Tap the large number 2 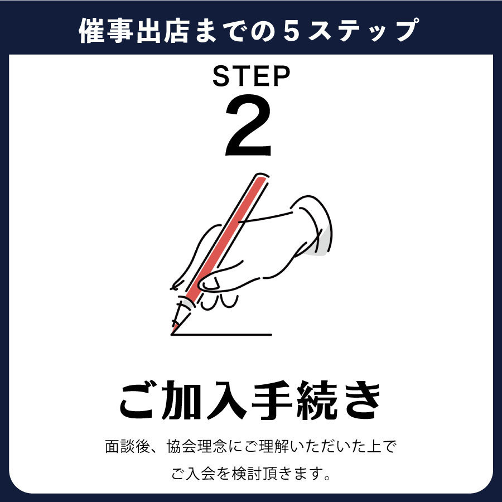[x=248, y=125]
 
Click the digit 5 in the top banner [x=291, y=31]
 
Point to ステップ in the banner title [x=363, y=31]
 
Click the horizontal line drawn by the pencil [x=221, y=335]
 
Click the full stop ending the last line [x=326, y=477]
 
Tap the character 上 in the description [x=375, y=447]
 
